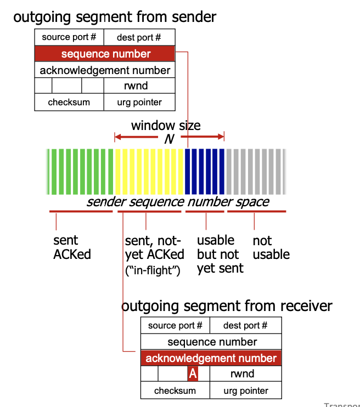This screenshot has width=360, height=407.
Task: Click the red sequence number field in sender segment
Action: point(105,54)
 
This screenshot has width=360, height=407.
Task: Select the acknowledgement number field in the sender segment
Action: point(105,70)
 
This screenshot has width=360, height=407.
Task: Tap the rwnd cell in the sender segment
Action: point(140,86)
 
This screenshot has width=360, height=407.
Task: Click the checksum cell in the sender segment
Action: point(69,102)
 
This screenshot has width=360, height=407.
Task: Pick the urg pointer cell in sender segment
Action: point(139,102)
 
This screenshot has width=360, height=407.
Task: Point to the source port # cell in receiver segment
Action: point(175,325)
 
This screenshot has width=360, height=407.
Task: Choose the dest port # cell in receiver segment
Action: point(245,325)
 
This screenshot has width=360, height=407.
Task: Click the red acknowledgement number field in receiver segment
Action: point(211,358)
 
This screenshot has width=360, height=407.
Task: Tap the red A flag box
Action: point(192,374)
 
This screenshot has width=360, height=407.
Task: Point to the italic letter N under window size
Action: point(169,139)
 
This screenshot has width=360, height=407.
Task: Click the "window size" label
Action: point(165,126)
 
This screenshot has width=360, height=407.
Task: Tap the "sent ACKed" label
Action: point(71,247)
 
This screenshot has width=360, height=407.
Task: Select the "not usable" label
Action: point(271,247)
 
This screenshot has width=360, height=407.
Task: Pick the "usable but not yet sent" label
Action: point(220,254)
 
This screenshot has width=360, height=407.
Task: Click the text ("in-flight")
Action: point(153,270)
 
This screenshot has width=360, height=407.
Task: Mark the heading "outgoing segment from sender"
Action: point(115,17)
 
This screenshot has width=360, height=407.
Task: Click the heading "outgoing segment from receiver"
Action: point(227,306)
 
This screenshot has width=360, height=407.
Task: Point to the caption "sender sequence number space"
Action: point(178,202)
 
